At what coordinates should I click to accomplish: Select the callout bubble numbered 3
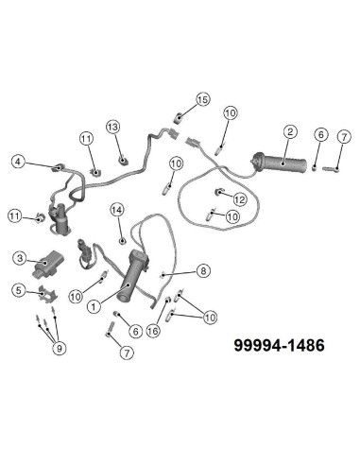[19, 256]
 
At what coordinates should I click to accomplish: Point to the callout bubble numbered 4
[19, 162]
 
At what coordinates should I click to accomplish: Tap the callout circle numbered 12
[240, 198]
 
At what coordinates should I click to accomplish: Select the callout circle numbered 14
[117, 209]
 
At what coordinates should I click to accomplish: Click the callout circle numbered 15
[202, 99]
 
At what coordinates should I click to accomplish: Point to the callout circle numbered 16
[153, 331]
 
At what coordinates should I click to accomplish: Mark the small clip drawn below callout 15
[179, 117]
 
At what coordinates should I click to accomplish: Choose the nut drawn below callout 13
[124, 152]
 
